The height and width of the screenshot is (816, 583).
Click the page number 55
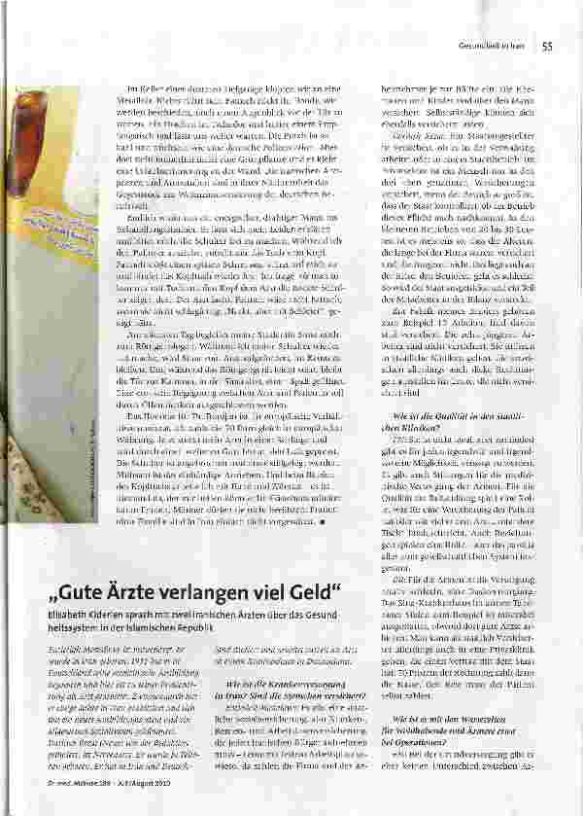547,44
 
